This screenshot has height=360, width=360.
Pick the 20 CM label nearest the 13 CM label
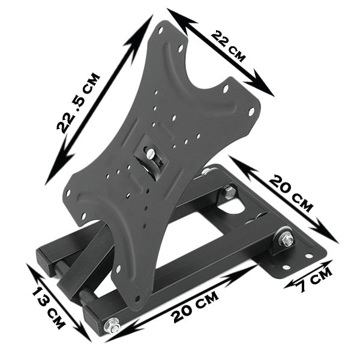(193, 306)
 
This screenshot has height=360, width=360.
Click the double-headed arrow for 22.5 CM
(99, 99)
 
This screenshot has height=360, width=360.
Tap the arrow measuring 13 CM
(59, 303)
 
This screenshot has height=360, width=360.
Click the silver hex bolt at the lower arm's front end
(112, 326)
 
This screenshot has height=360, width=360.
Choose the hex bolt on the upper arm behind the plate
(230, 192)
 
